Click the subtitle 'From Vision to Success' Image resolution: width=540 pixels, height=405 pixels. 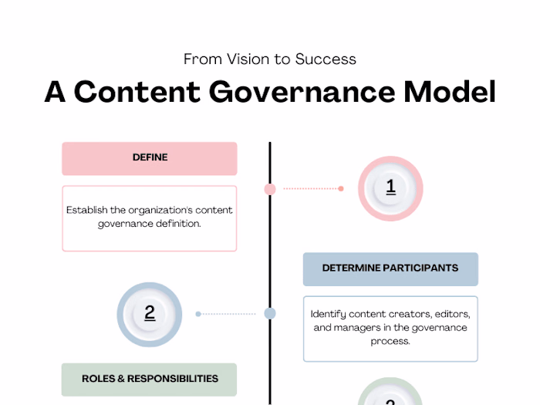click(x=269, y=59)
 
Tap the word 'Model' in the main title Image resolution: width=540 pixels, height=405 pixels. click(x=450, y=92)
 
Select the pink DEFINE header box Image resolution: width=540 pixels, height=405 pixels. click(x=149, y=158)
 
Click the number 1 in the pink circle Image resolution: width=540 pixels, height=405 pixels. click(x=390, y=187)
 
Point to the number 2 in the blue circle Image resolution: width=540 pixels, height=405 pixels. click(x=149, y=313)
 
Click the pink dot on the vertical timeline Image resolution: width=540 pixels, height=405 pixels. click(x=270, y=188)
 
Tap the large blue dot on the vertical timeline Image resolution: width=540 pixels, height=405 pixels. click(x=270, y=313)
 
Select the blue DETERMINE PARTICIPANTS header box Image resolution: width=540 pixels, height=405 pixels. click(x=390, y=268)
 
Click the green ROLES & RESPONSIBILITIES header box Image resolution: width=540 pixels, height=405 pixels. click(x=149, y=379)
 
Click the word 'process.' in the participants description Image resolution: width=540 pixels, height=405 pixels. click(x=390, y=341)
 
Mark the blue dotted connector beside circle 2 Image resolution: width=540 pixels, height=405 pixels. click(x=229, y=314)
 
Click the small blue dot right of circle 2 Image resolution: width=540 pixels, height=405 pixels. click(x=198, y=314)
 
